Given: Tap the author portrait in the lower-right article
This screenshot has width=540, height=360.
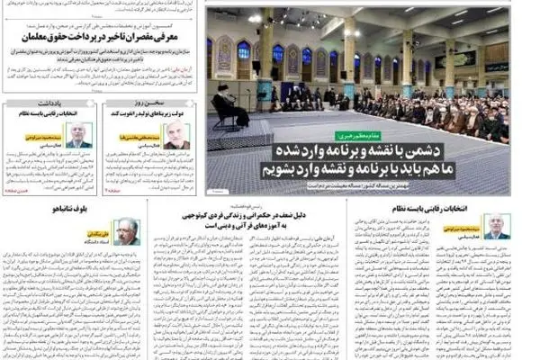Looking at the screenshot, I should pyautogui.click(x=496, y=226).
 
